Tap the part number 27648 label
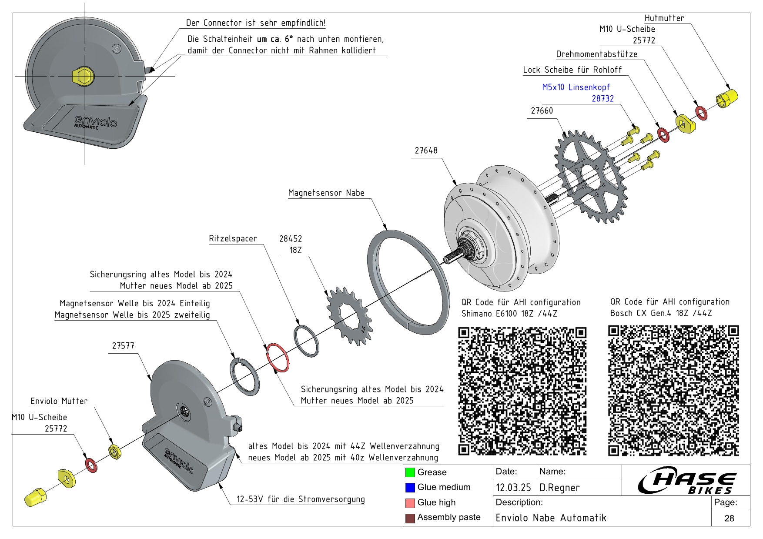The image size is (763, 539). (426, 151)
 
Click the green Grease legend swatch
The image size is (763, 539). (410, 472)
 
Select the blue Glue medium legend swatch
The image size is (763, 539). (410, 487)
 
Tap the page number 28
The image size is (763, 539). (730, 518)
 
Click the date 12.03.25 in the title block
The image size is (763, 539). (513, 488)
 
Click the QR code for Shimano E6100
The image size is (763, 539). (522, 391)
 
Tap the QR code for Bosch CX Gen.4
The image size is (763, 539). (673, 390)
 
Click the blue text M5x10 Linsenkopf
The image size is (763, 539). (576, 87)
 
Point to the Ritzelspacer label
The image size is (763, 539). (233, 238)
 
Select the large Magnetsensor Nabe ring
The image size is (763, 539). (408, 282)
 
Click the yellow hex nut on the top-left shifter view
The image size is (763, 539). (83, 76)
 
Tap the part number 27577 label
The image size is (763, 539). (123, 346)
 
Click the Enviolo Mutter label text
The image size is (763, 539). (59, 401)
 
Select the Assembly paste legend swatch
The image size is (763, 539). (410, 518)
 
